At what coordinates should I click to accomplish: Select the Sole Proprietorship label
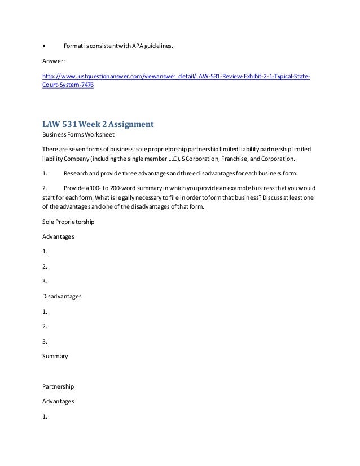click(x=68, y=222)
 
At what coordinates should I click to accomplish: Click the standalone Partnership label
click(x=58, y=387)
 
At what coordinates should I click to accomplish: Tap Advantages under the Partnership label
click(x=58, y=402)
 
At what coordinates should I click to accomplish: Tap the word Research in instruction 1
click(x=77, y=173)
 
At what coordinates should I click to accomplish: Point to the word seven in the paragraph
click(x=80, y=149)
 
